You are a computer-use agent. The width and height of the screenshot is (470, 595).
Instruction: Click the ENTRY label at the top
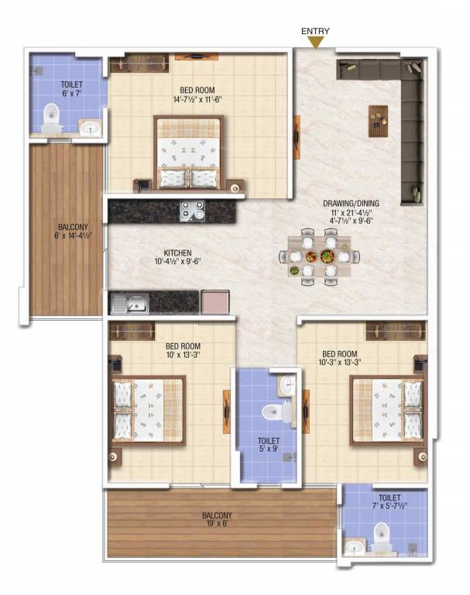coord(315,31)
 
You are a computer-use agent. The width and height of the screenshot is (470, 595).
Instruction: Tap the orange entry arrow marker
coord(315,43)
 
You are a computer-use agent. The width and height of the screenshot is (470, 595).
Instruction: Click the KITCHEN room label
coord(177,253)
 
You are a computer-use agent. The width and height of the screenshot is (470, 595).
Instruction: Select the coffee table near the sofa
coord(378,120)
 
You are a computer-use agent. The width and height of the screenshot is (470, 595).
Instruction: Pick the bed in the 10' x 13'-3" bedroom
coord(147,411)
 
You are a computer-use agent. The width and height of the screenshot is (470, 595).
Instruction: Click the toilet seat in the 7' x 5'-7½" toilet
coord(381,535)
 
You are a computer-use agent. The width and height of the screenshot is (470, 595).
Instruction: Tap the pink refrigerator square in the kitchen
coord(214,301)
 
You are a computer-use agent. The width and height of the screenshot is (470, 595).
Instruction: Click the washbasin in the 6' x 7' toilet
coord(90,127)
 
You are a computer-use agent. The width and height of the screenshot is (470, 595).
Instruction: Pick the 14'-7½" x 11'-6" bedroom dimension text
coord(199,99)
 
